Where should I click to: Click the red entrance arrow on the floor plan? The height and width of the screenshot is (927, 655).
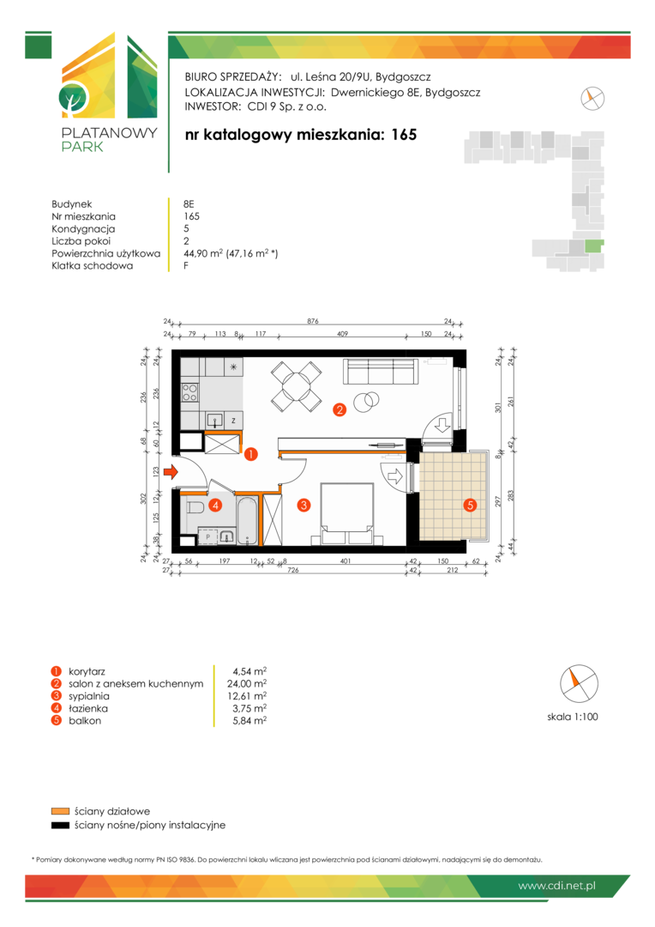coord(171,472)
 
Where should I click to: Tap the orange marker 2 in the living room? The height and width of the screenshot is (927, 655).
coord(339,409)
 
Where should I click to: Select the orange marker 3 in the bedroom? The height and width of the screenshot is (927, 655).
coord(303,505)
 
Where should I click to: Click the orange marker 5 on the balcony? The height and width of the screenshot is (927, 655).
coord(470,505)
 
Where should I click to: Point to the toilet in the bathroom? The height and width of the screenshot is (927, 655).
coord(195,507)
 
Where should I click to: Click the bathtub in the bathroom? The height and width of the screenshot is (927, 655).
coord(247,521)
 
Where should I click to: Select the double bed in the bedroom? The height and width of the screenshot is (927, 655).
coord(346,513)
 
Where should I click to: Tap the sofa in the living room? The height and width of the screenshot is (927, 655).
coord(381,372)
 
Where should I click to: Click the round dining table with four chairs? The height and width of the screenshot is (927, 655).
coord(297,387)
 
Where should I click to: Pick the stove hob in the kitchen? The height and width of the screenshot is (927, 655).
coord(189,392)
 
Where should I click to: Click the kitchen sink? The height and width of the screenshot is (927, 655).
coord(215,421)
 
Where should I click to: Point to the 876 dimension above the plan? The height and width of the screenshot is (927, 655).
coord(313,321)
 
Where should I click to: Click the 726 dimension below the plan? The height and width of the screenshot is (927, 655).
coord(293,570)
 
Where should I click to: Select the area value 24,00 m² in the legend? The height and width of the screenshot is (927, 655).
coord(247,683)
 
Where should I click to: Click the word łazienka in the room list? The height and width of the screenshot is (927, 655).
coord(88,708)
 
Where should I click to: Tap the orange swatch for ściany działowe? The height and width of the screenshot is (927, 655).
coord(60,811)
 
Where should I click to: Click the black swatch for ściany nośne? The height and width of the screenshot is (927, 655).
coord(60,826)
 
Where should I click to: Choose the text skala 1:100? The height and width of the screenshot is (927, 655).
coord(573,717)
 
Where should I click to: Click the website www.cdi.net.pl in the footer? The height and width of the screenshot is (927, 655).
coord(556,886)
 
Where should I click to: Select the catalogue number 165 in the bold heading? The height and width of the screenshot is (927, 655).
coord(404,135)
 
